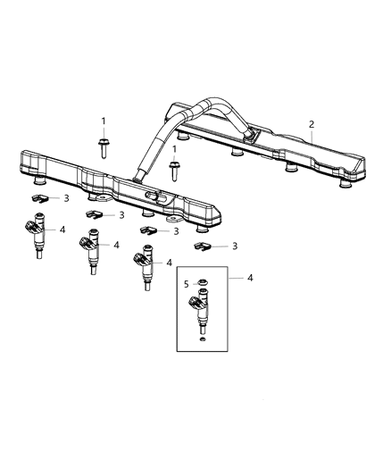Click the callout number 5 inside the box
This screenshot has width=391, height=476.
click(x=186, y=285)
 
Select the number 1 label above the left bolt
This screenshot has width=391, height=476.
click(x=103, y=121)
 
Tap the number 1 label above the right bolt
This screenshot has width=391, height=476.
click(x=174, y=149)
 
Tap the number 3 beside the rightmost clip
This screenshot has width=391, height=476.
click(x=235, y=245)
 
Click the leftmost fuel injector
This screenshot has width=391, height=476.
click(x=37, y=235)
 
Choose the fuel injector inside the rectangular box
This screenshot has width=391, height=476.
click(x=203, y=313)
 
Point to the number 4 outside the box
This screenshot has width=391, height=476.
click(x=250, y=278)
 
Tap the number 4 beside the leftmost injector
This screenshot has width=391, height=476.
click(x=62, y=230)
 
